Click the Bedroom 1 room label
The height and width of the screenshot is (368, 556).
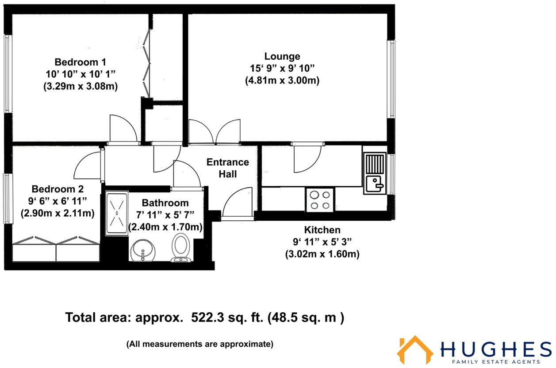(80, 61)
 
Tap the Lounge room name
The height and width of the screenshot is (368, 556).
(282, 56)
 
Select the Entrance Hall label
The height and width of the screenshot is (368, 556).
(228, 168)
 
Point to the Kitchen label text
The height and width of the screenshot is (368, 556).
(322, 230)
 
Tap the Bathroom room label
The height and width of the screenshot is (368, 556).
(165, 203)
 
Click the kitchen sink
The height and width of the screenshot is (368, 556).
(375, 173)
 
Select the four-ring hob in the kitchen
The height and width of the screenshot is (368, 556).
(320, 199)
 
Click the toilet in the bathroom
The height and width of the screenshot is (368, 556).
(180, 247)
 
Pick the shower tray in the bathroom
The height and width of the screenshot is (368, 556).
(117, 213)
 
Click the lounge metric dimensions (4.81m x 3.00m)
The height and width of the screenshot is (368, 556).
(282, 81)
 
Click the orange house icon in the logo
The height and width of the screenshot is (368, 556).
(414, 349)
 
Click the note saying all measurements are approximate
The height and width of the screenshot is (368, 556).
(200, 344)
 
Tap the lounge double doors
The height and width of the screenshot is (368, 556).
(215, 132)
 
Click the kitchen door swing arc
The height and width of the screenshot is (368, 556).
(307, 158)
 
